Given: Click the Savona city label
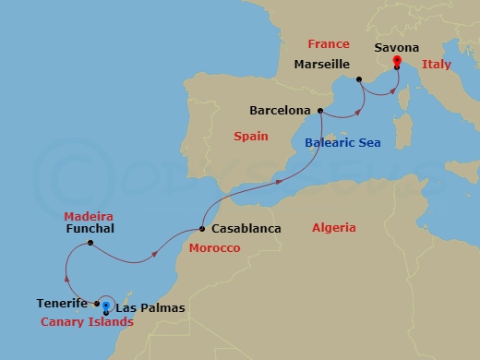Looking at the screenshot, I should click(x=397, y=47).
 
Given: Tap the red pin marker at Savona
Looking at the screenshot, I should click(x=396, y=63).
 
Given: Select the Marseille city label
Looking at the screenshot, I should click(x=321, y=65).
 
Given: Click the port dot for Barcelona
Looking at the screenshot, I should click(x=320, y=112).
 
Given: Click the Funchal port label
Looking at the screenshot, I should click(x=90, y=228).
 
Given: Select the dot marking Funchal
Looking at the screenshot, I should click(x=90, y=244).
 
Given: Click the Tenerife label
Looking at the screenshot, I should click(x=63, y=303).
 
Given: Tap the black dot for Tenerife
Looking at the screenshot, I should click(x=97, y=303).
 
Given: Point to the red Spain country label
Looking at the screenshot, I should click(x=250, y=137).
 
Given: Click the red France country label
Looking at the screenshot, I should click(x=329, y=43).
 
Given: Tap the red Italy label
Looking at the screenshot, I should click(x=436, y=65).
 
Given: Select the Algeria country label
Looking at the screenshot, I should click(x=334, y=227).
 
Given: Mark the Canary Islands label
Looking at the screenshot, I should click(x=87, y=322).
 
